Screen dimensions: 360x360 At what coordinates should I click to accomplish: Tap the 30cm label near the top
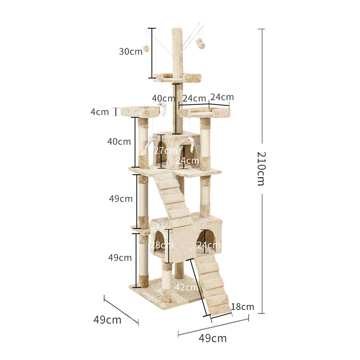click(130, 51)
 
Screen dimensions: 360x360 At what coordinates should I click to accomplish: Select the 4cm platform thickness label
click(99, 112)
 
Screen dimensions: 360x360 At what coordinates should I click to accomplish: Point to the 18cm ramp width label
click(243, 307)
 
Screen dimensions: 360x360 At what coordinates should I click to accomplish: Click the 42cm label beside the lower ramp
click(186, 287)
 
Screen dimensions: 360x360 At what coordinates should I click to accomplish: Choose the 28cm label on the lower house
click(161, 245)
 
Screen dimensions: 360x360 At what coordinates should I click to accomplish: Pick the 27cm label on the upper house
click(165, 150)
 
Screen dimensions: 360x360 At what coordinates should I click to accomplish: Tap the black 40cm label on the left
click(119, 141)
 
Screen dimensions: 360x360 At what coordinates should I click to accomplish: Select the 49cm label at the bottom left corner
click(107, 320)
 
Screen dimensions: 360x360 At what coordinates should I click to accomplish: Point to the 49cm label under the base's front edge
click(213, 338)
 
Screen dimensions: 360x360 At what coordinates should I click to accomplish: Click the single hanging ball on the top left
click(146, 49)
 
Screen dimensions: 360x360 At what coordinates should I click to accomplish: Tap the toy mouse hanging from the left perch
click(162, 108)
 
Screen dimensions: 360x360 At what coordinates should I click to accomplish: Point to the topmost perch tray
click(177, 77)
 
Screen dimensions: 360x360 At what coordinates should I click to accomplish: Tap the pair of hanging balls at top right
click(200, 43)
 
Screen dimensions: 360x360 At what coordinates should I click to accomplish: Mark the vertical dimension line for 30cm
click(152, 53)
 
